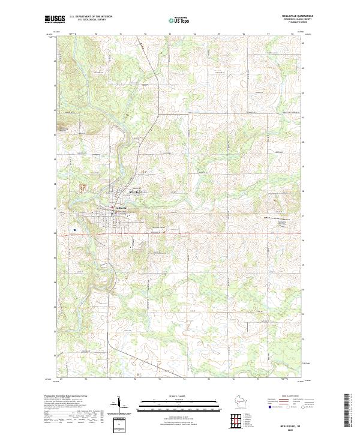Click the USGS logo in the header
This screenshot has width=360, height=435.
[x=55, y=19]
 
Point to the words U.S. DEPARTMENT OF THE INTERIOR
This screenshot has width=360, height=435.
[x=91, y=16]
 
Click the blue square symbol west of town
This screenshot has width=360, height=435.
[x=74, y=230]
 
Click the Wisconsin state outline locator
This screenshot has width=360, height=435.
[x=241, y=403]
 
